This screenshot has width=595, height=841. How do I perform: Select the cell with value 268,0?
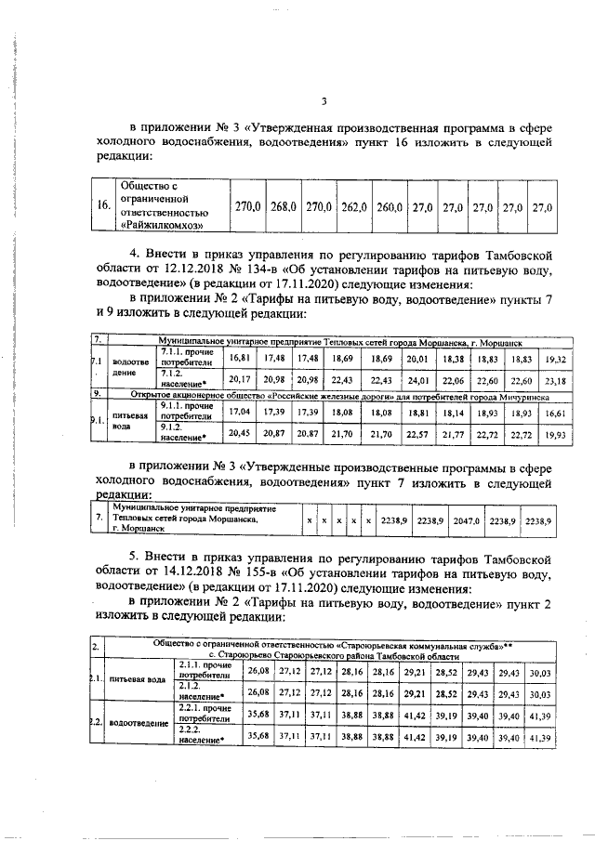click(x=282, y=206)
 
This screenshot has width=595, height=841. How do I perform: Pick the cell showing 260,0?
click(x=390, y=206)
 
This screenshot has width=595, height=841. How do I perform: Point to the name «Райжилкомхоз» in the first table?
click(x=161, y=224)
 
